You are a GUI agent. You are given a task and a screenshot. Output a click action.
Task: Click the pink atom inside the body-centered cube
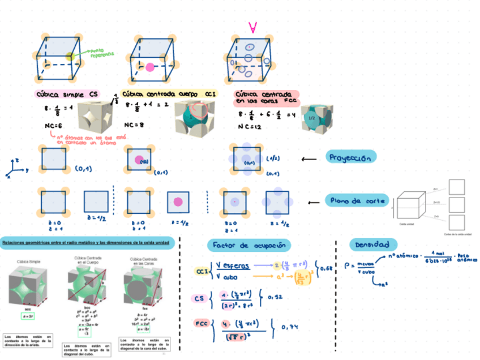[x=150, y=67]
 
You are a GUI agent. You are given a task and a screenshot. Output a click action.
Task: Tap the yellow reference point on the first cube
[x=69, y=56]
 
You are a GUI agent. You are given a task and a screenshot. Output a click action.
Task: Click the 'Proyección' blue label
[x=351, y=157]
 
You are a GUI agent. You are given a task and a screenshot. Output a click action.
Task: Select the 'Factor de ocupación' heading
[x=249, y=245]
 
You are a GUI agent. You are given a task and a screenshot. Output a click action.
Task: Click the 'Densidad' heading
[x=372, y=245]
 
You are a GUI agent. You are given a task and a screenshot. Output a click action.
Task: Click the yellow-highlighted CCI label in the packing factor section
[x=201, y=271]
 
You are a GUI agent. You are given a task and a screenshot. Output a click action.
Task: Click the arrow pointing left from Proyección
[x=308, y=159]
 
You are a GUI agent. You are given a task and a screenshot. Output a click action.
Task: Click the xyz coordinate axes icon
[x=17, y=169]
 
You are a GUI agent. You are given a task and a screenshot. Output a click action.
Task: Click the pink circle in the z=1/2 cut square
[x=178, y=202]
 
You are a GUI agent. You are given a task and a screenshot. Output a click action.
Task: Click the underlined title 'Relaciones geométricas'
[x=85, y=243]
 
